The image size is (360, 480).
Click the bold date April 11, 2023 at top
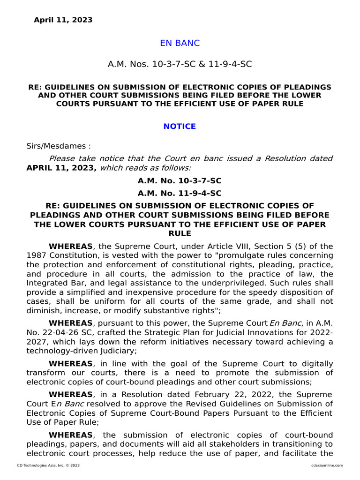(x=63, y=20)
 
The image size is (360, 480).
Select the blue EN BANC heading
(x=180, y=43)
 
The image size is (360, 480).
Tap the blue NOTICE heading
(x=180, y=127)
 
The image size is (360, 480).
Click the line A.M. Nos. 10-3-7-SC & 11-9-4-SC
(x=180, y=64)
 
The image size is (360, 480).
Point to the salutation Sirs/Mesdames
(x=58, y=146)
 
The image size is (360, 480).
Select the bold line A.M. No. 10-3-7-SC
(x=180, y=181)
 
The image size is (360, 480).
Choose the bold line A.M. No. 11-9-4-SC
(x=180, y=193)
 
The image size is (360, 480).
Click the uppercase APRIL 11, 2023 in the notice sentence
(x=61, y=168)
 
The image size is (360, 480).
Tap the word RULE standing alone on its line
(x=180, y=233)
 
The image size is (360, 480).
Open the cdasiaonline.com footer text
(x=327, y=465)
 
